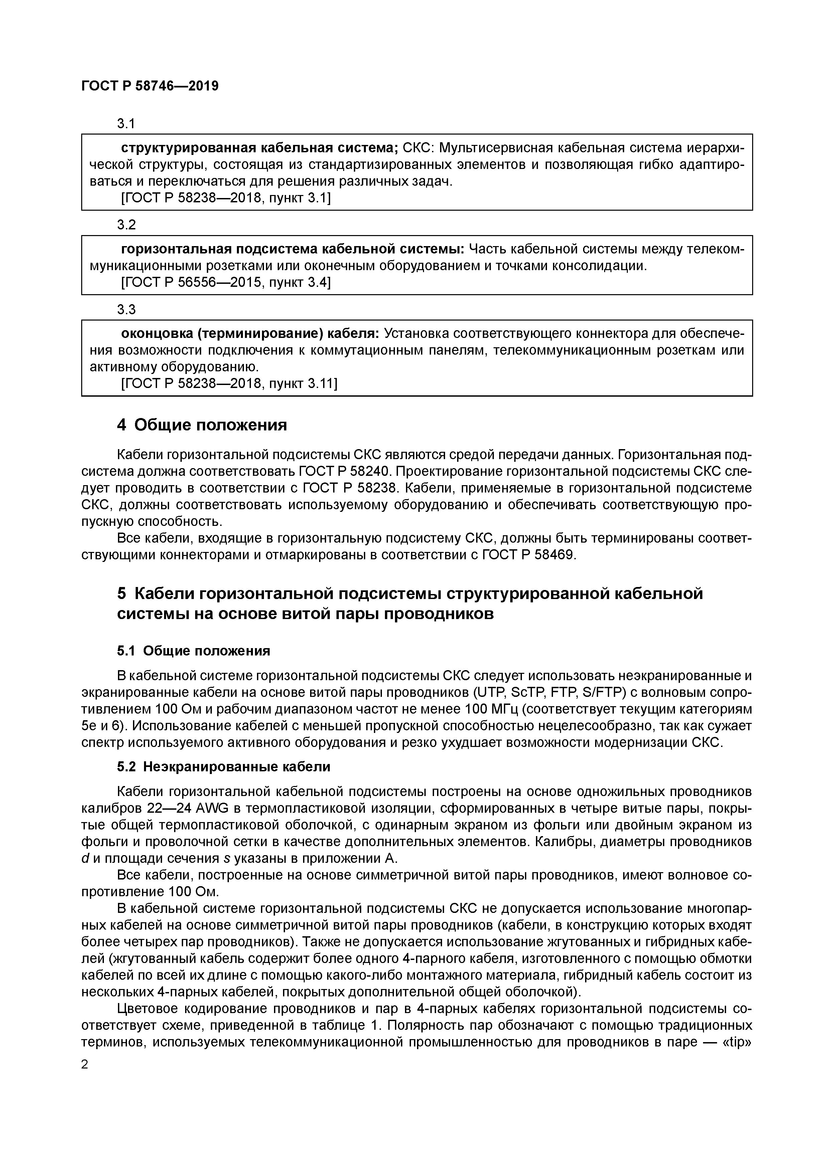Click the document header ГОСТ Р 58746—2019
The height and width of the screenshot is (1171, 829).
point(150,86)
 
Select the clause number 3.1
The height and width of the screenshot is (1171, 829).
point(126,124)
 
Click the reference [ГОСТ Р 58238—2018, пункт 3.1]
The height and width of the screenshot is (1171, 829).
point(226,198)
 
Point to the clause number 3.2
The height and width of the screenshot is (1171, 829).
point(126,225)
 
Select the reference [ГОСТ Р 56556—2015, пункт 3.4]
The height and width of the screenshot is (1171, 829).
point(226,282)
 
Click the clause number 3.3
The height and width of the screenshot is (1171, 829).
point(126,310)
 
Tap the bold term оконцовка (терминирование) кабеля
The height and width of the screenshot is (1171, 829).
point(250,334)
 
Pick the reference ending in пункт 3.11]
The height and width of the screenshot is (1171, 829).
point(229,384)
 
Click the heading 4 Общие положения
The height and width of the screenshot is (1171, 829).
point(202,425)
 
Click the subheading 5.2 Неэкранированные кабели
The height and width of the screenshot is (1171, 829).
point(224,767)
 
